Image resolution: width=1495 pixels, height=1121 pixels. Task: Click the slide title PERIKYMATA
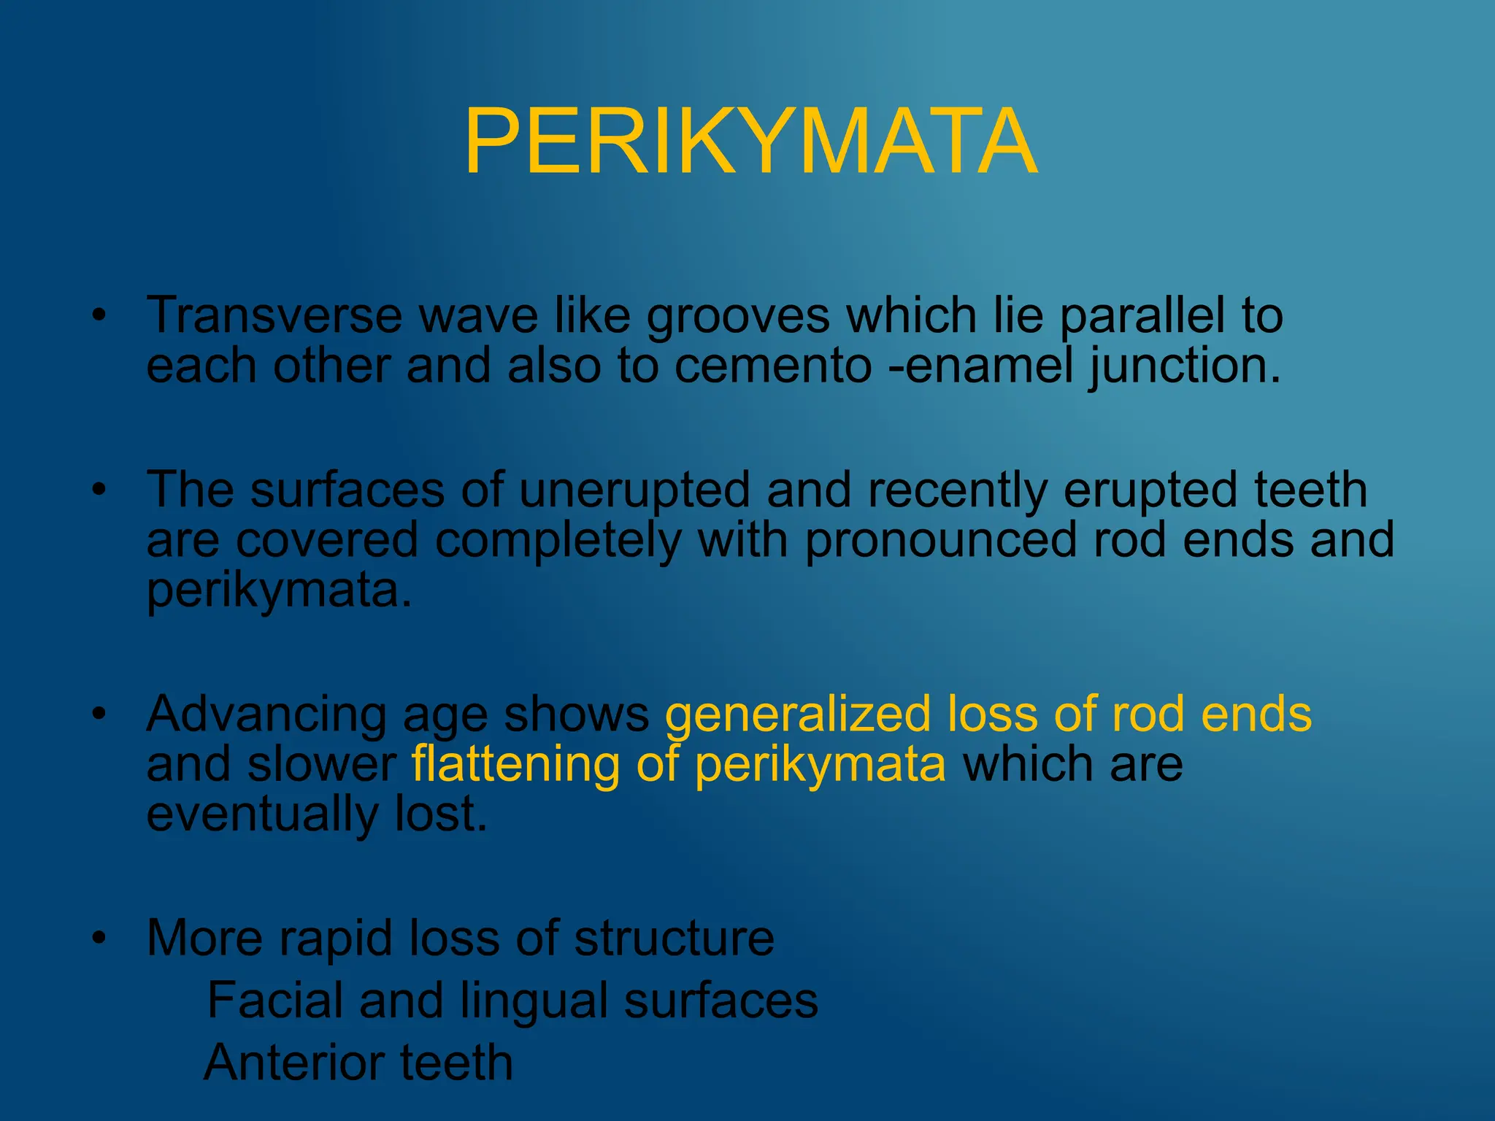[750, 142]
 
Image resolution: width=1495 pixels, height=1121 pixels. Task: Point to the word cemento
[772, 366]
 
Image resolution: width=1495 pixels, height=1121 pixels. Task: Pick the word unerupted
[634, 490]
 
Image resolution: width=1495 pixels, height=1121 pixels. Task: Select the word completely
[558, 541]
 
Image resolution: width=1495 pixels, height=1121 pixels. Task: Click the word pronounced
[941, 541]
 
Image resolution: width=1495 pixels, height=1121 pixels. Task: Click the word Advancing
[266, 715]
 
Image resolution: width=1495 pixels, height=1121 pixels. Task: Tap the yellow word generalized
[797, 715]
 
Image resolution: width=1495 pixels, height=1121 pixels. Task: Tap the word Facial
[274, 1001]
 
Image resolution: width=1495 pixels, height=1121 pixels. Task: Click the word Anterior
[294, 1063]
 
